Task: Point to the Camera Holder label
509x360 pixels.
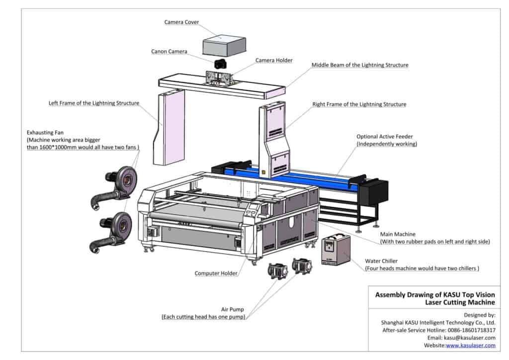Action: click(274, 61)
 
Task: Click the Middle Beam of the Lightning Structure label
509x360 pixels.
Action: click(360, 65)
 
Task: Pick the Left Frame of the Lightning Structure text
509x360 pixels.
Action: click(93, 103)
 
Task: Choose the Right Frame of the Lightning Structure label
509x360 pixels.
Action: click(359, 104)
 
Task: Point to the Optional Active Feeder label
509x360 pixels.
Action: click(384, 136)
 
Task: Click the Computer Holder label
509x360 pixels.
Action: click(216, 273)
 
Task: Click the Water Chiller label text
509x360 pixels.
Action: click(381, 261)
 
